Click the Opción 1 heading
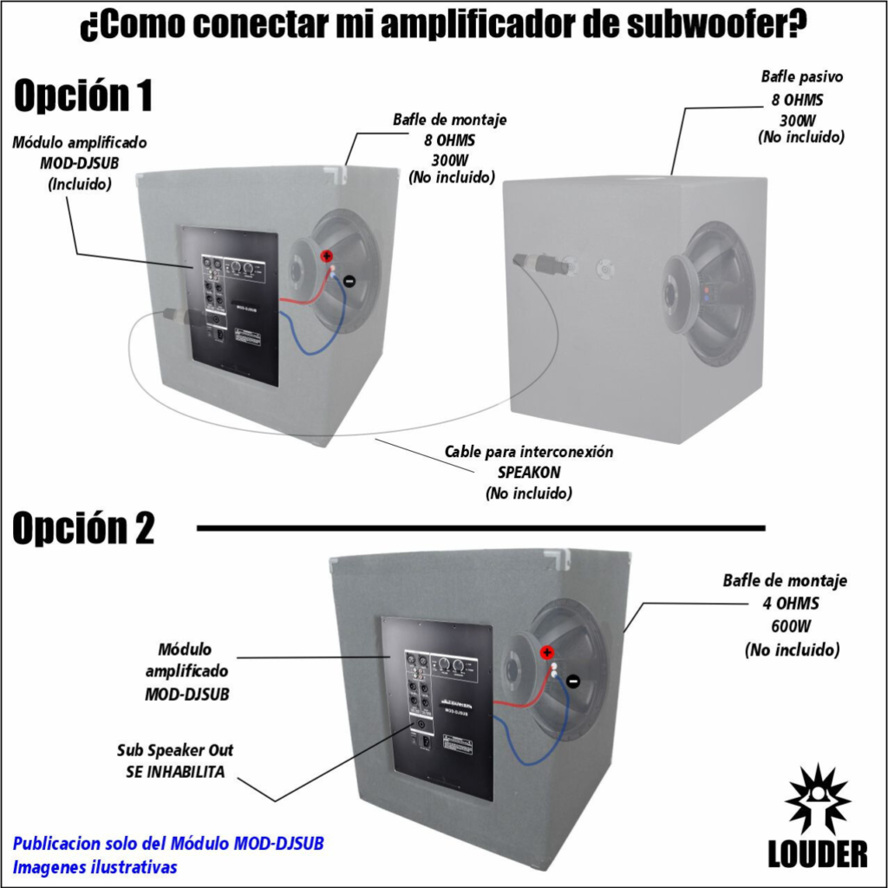coord(83,95)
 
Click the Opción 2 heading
coord(83,528)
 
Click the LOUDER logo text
coord(817,853)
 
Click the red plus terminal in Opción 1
coord(328,256)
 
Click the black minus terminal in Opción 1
coord(349,280)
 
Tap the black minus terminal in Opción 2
coord(572,681)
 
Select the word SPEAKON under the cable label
coord(529,473)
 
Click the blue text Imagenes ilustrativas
coord(95,866)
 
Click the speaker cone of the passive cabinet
coord(707,293)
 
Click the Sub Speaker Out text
coord(175,750)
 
